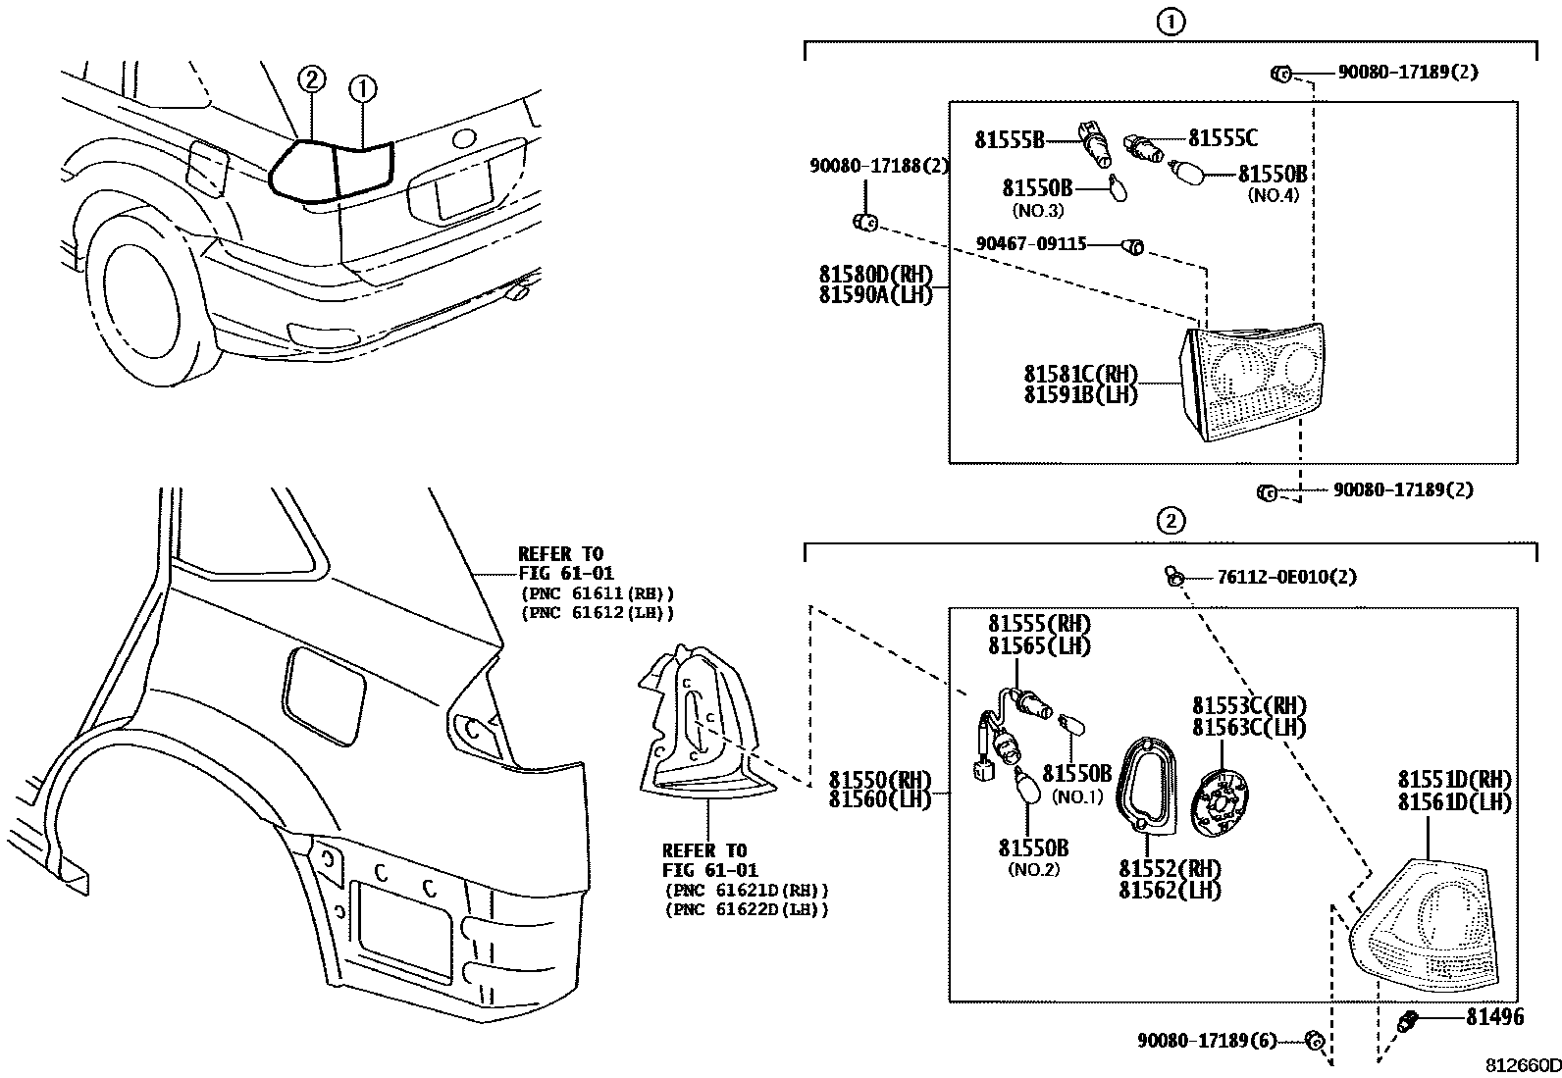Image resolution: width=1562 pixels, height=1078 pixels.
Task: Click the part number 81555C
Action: pyautogui.click(x=1223, y=139)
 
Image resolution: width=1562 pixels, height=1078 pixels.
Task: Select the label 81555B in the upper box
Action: pyautogui.click(x=1009, y=140)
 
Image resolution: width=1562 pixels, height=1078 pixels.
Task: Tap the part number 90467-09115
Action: pyautogui.click(x=1031, y=243)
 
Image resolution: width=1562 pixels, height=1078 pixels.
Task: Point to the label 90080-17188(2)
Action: pyautogui.click(x=879, y=167)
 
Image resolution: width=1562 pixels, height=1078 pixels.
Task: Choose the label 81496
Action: pyautogui.click(x=1495, y=1017)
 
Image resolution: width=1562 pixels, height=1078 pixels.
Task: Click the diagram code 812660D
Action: pyautogui.click(x=1521, y=1065)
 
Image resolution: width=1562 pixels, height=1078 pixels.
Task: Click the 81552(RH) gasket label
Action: pyautogui.click(x=1170, y=869)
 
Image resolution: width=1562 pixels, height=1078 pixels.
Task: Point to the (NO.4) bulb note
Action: pyautogui.click(x=1273, y=195)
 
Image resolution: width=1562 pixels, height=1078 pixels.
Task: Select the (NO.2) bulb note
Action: pyautogui.click(x=1033, y=869)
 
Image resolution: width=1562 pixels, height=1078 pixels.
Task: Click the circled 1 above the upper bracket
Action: pyautogui.click(x=1171, y=23)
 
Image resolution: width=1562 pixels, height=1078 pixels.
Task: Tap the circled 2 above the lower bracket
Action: pyautogui.click(x=1171, y=520)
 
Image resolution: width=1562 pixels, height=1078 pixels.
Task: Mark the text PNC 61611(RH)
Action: pyautogui.click(x=597, y=593)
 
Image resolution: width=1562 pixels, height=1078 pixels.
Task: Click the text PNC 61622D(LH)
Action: pyautogui.click(x=747, y=910)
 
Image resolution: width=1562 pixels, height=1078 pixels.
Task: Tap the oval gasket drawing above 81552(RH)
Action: pyautogui.click(x=1145, y=785)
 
